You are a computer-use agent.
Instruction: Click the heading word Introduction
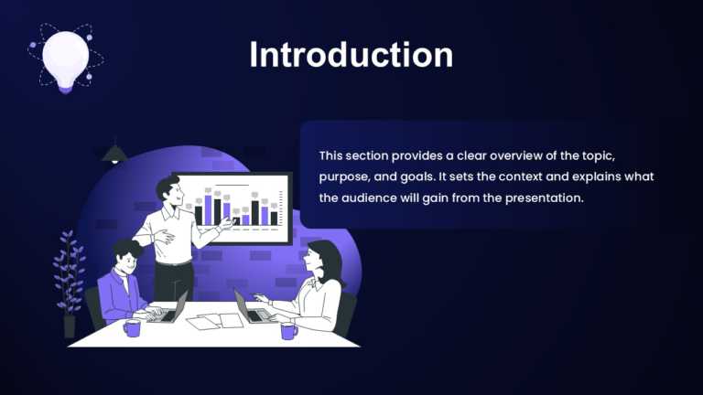(x=351, y=54)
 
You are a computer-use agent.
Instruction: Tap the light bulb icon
(x=65, y=57)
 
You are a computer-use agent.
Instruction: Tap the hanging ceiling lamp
(x=114, y=153)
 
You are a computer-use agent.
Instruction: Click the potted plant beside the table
(x=69, y=279)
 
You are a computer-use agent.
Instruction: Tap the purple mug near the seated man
(x=132, y=327)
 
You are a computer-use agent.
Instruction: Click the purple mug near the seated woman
(x=289, y=330)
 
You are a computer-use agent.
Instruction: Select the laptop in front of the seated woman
(x=251, y=308)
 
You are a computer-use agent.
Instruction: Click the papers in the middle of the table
(x=216, y=321)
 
